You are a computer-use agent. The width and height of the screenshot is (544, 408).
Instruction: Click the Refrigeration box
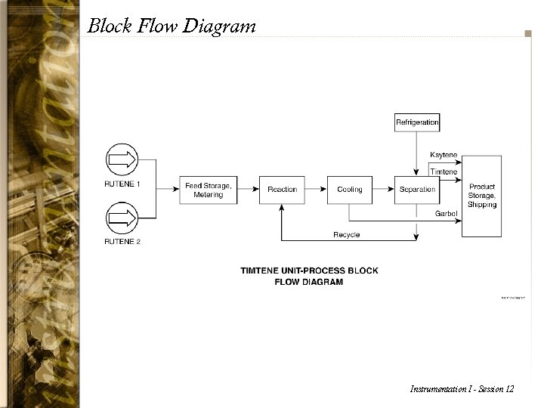point(417,122)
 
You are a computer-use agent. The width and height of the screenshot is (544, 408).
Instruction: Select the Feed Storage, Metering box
point(209,190)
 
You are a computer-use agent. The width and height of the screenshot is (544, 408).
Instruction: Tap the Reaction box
point(282,190)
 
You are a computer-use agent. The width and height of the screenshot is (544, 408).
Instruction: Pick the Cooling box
point(350,190)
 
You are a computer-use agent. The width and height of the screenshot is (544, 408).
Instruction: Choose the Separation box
point(417,190)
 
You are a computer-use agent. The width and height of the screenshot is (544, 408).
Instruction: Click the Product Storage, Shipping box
point(482,196)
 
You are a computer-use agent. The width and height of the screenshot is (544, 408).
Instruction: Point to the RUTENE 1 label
point(122,184)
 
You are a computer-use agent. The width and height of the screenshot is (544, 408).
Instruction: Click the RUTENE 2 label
point(122,242)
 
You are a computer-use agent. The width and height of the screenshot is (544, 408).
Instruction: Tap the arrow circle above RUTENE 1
point(122,160)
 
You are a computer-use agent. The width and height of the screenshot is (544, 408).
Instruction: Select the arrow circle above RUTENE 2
point(122,218)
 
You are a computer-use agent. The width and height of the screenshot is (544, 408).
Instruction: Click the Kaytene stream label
point(444,155)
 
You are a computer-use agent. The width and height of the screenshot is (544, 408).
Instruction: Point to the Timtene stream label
point(444,172)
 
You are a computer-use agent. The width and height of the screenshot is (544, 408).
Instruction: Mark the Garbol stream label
point(446,214)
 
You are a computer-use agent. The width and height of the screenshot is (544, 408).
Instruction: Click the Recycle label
point(347,235)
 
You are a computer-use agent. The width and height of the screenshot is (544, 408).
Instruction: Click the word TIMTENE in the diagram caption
point(264,270)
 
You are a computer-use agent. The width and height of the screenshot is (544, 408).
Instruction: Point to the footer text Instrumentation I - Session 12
point(462,389)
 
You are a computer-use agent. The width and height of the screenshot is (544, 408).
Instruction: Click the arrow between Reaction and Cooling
point(316,190)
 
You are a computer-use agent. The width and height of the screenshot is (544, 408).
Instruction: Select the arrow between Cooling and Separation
point(383,190)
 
